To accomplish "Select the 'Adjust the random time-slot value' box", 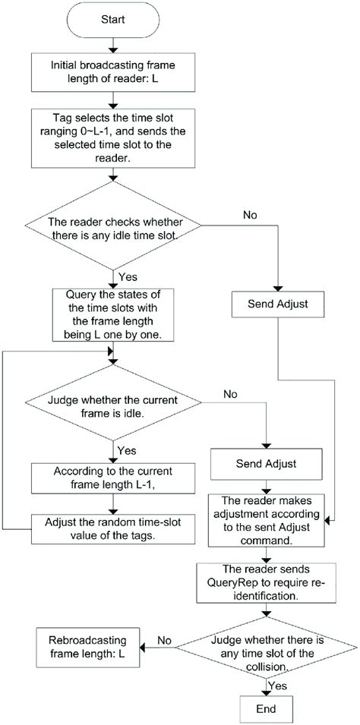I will (x=113, y=528).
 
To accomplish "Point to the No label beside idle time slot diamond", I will (x=251, y=214).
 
